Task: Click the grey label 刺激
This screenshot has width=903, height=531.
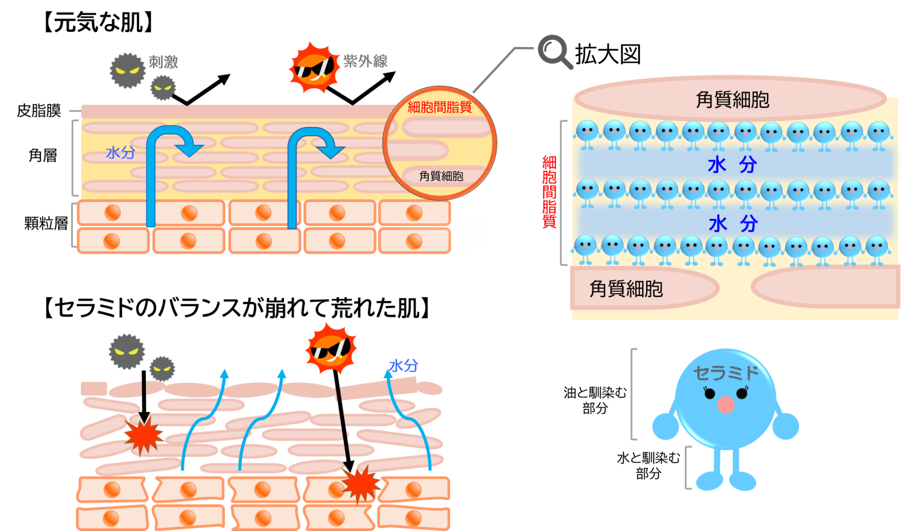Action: tap(163, 62)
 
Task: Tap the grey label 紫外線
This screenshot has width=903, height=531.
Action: tap(365, 61)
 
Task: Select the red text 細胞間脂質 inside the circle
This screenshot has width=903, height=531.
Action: tap(439, 108)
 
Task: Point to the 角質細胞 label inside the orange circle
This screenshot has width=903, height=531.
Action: tap(441, 176)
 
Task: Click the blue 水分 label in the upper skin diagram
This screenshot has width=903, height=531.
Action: tap(120, 153)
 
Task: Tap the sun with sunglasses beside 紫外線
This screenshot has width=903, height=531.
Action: tap(314, 68)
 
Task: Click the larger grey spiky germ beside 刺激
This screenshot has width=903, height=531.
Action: tap(127, 70)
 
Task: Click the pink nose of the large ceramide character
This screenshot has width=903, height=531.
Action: tap(726, 404)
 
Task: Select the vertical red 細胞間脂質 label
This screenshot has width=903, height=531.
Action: tap(549, 192)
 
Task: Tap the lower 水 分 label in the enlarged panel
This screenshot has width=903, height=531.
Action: tap(733, 224)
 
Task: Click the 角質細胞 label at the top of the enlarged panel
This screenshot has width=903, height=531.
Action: tap(732, 100)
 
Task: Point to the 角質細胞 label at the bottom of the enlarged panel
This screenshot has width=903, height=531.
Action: tap(626, 289)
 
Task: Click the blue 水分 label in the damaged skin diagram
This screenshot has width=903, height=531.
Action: tap(404, 366)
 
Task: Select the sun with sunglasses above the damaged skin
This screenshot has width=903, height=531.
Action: tap(331, 348)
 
